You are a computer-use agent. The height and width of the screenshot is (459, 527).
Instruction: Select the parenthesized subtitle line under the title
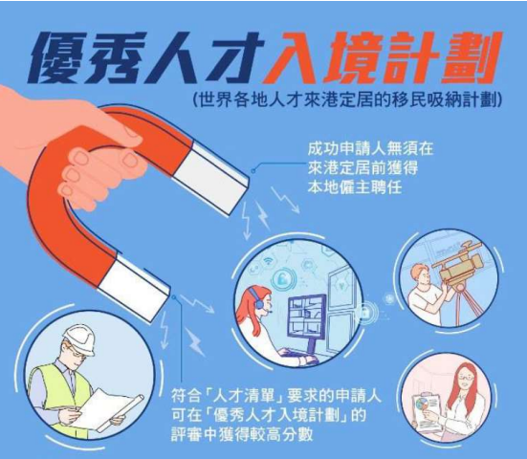(347, 99)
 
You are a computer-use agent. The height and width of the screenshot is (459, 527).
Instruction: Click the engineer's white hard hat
(79, 339)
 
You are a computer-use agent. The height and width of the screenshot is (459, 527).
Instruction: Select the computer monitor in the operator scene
(306, 317)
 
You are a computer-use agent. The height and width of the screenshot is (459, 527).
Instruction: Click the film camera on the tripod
(459, 261)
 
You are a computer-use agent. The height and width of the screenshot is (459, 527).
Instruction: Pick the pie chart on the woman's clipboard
(420, 403)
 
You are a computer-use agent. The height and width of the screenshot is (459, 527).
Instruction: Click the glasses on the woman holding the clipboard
(464, 378)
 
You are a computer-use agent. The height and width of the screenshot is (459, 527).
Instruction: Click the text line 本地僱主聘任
(355, 186)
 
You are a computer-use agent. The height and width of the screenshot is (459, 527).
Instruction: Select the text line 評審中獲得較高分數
(242, 434)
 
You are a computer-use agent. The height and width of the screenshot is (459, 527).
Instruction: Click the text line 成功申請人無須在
(370, 149)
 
